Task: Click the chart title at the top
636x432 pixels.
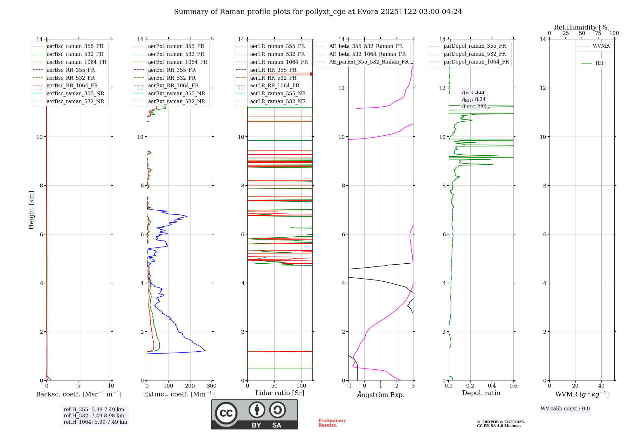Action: click(318, 12)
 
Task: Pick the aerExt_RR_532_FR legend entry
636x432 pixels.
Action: click(172, 78)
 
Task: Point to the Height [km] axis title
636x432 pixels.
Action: click(31, 210)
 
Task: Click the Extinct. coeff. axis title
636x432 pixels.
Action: click(179, 394)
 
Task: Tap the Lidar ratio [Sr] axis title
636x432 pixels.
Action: click(280, 393)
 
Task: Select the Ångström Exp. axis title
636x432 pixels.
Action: click(381, 395)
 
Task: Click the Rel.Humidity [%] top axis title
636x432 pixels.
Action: click(582, 27)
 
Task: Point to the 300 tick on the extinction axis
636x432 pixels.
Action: click(211, 386)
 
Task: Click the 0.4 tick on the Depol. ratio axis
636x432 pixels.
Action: click(492, 386)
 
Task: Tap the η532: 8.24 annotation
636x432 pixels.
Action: click(474, 99)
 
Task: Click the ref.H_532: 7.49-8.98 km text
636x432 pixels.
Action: click(94, 416)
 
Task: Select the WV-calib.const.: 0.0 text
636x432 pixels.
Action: click(565, 409)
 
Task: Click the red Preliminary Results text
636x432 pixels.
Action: click(332, 423)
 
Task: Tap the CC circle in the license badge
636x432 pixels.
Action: click(226, 413)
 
